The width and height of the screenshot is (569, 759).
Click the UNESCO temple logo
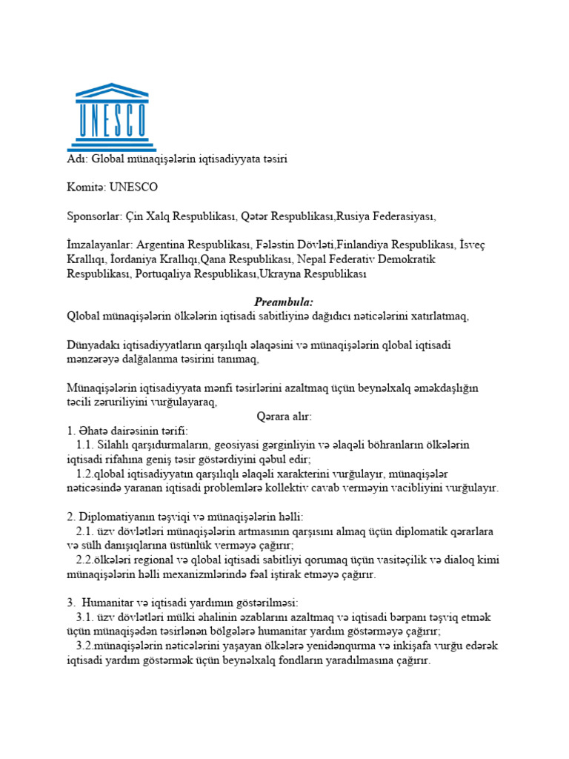point(112,118)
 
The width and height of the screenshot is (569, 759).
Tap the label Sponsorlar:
point(96,216)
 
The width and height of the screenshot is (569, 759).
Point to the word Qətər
point(258,216)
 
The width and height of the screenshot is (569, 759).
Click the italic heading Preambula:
point(284,302)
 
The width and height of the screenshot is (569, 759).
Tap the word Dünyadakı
point(93,345)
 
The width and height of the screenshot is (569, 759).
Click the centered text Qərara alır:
point(284,417)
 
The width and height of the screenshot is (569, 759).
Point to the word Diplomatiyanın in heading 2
point(115,517)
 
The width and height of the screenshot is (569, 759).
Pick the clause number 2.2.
point(85,560)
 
